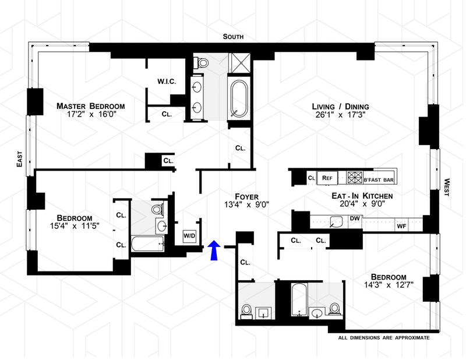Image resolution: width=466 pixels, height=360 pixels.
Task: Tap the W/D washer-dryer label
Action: click(x=189, y=236)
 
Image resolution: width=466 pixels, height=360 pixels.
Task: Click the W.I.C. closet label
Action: click(x=167, y=82)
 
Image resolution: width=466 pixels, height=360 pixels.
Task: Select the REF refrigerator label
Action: click(x=327, y=178)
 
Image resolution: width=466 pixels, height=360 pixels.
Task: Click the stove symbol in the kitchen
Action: click(x=355, y=178)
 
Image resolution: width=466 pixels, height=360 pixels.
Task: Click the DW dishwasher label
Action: click(x=355, y=218)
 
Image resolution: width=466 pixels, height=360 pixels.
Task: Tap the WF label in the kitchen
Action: click(x=401, y=225)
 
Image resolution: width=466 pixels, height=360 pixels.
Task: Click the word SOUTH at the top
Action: click(x=232, y=37)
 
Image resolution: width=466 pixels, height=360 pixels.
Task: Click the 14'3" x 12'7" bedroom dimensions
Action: click(x=387, y=285)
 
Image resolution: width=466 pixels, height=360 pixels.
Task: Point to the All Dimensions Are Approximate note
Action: click(x=384, y=338)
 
